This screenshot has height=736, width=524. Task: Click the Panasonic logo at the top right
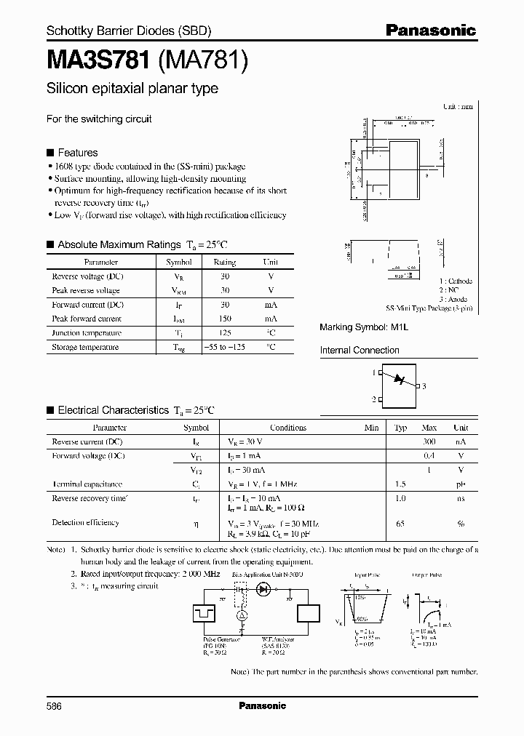point(430,31)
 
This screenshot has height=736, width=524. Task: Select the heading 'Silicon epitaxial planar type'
point(132,89)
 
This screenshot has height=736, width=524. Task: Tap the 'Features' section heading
point(77,153)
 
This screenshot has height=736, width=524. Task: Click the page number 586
point(55,705)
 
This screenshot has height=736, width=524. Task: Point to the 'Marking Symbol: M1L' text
point(364,328)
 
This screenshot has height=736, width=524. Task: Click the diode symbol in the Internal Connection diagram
point(397,380)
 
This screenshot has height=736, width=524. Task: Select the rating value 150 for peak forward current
point(225,319)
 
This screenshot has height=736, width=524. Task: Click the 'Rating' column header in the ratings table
point(225,262)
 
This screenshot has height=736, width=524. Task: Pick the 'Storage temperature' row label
point(85,348)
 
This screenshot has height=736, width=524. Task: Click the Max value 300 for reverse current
point(429,442)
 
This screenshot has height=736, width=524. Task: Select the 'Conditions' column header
point(288,428)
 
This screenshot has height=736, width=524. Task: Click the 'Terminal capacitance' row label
point(87,484)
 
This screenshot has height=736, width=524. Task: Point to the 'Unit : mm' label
point(458,106)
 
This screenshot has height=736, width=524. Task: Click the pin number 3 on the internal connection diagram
point(424,386)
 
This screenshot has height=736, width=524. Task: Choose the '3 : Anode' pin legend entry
point(456,299)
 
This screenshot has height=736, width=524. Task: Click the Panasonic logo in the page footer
point(262,705)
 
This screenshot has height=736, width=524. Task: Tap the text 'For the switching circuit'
point(99,119)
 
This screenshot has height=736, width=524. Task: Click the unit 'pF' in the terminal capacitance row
point(460,484)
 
